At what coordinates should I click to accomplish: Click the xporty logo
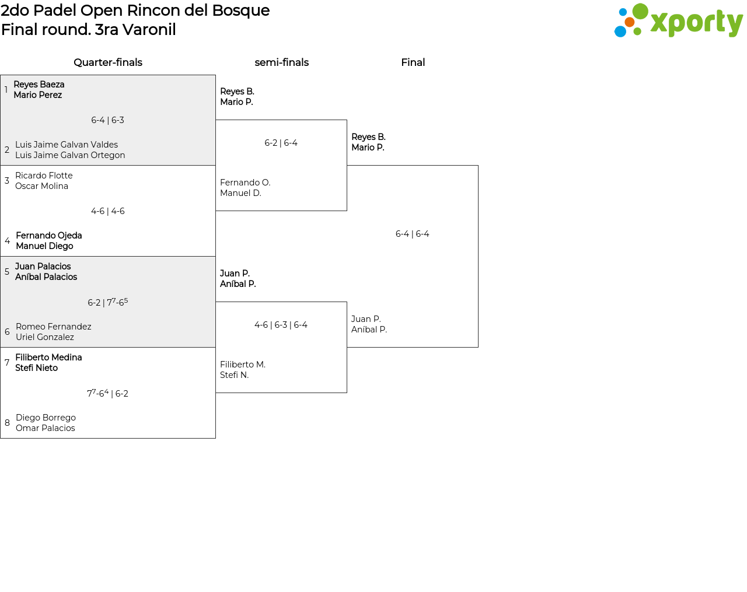(678, 22)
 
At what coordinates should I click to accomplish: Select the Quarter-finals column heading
(108, 62)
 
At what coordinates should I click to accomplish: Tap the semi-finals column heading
(281, 62)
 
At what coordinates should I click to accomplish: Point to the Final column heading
(413, 62)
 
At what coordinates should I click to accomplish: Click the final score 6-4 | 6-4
(412, 234)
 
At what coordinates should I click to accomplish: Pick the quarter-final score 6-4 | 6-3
(107, 120)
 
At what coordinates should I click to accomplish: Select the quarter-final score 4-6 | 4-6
(107, 211)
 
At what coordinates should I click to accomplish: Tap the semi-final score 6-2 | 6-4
(281, 143)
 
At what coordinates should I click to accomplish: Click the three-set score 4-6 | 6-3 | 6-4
(281, 325)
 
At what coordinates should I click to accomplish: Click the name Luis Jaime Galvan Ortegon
(70, 155)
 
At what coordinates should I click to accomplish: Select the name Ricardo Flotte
(44, 176)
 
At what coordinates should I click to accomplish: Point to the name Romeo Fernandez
(53, 327)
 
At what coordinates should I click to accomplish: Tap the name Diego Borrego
(46, 418)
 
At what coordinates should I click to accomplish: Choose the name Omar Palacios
(45, 428)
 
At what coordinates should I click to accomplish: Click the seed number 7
(7, 363)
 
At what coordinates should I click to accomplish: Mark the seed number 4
(7, 241)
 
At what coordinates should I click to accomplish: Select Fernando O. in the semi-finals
(245, 183)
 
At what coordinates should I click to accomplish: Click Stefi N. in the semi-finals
(234, 375)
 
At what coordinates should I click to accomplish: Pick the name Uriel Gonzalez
(44, 337)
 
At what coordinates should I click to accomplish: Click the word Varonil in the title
(149, 30)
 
